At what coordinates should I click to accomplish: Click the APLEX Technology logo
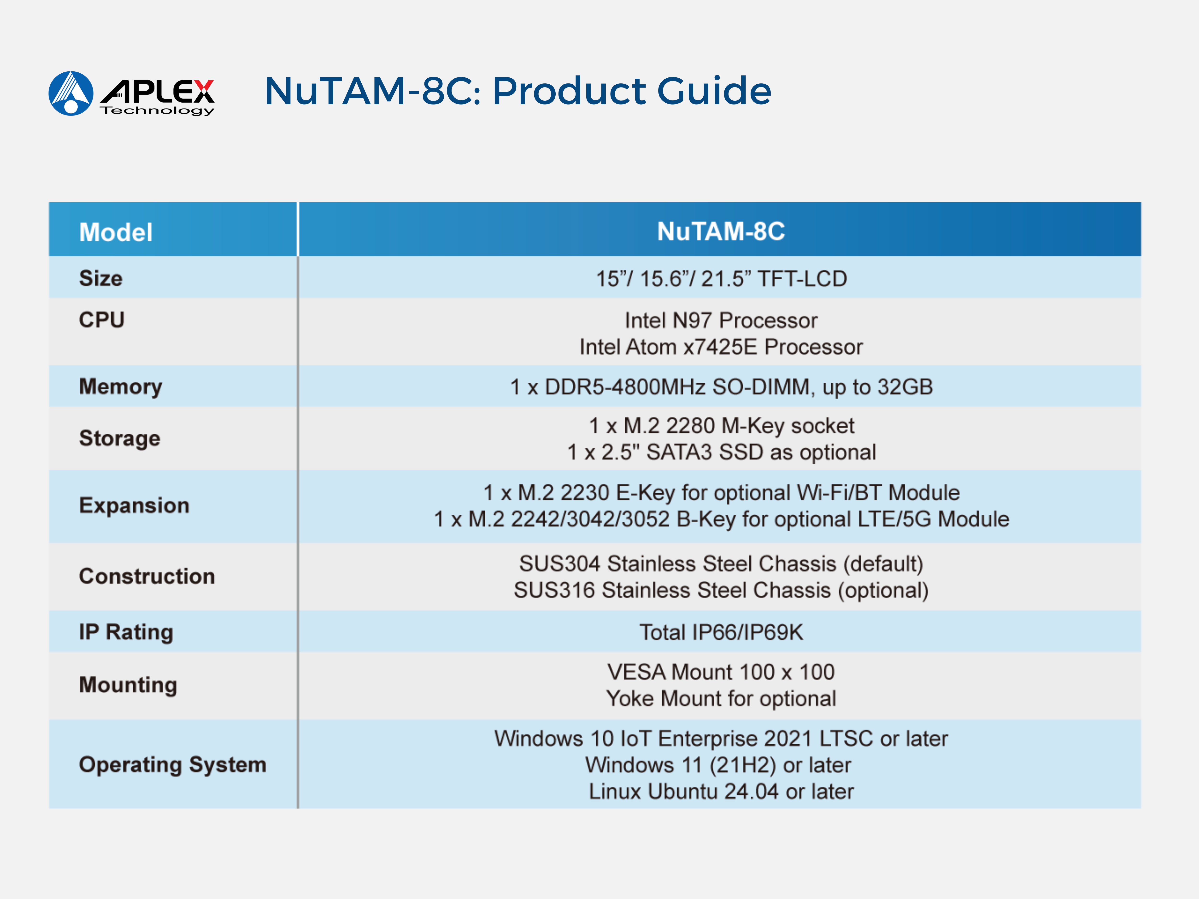point(132,93)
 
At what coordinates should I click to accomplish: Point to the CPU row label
point(102,320)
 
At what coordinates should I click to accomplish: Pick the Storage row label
point(120,438)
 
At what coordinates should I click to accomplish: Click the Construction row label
point(147,576)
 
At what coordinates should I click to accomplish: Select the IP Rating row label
point(126,632)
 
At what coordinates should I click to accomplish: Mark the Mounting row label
point(128,685)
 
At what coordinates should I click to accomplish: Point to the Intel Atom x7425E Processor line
point(721,347)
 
